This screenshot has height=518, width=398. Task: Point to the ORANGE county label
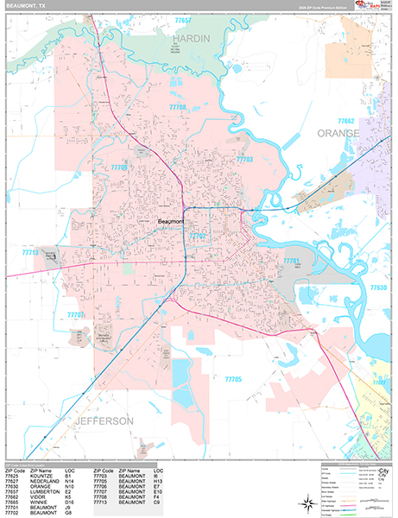click(338, 133)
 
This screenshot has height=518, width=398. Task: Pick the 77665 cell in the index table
click(13, 505)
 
